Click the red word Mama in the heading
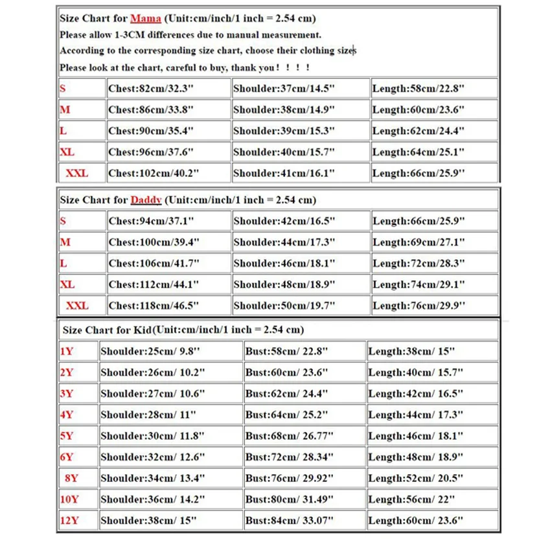point(145,19)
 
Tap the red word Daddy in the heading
point(146,200)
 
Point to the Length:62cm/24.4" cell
point(419,132)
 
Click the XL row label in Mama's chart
point(67,152)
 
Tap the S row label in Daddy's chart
point(63,222)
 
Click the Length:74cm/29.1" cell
point(419,284)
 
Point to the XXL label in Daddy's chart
point(77,305)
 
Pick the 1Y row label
point(67,352)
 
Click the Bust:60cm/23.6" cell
point(288,373)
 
